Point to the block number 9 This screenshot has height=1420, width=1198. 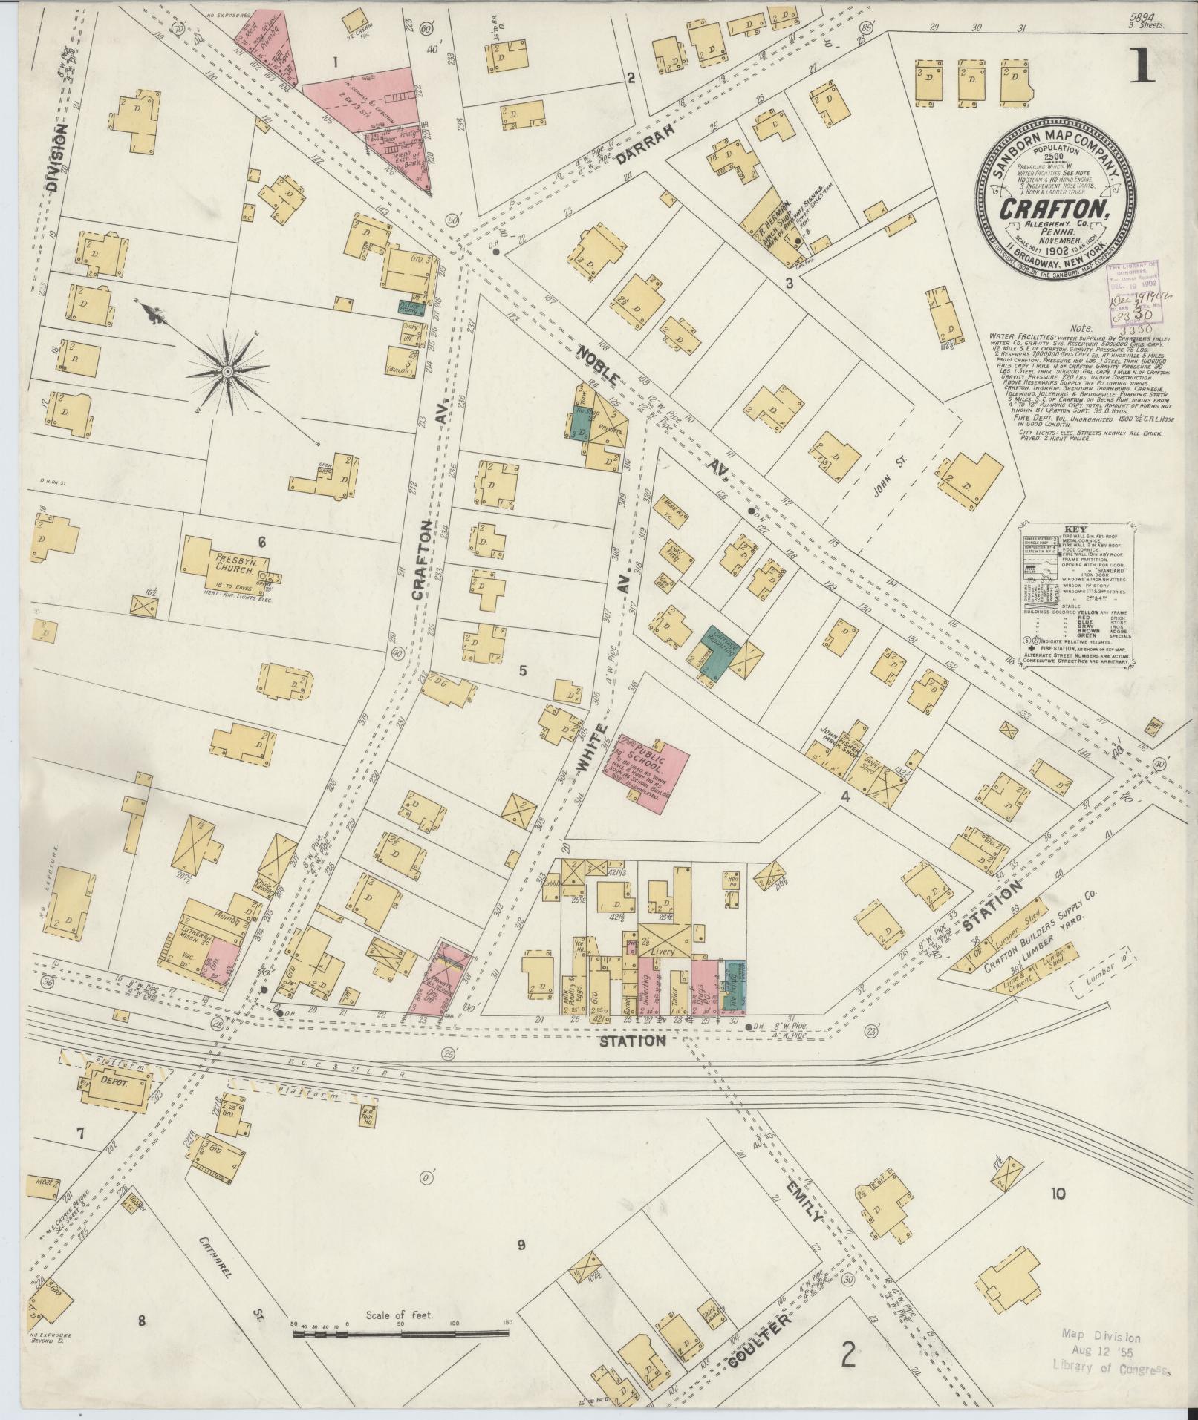[x=521, y=1245]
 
